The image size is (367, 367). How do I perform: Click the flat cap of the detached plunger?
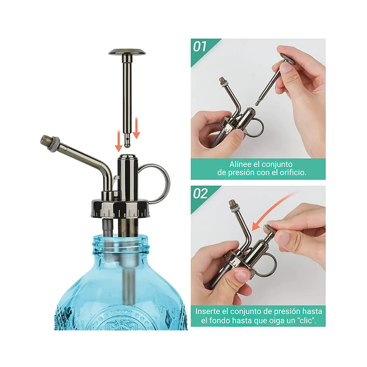pos(127,52)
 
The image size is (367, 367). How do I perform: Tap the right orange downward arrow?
pos(136,128)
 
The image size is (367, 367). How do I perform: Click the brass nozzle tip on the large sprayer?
pos(46,140)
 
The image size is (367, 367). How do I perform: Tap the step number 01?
pos(200,47)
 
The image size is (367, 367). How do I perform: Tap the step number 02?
pos(200,193)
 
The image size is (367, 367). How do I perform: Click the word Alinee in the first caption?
pos(241,164)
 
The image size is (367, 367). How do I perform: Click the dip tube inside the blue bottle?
pos(128,283)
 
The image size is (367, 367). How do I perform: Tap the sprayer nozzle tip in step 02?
pos(232,202)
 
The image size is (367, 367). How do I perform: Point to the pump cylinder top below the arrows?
pos(128,159)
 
